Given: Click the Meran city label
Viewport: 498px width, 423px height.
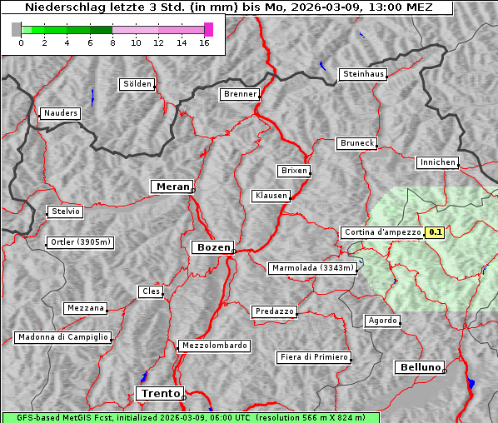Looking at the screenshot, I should pyautogui.click(x=171, y=187).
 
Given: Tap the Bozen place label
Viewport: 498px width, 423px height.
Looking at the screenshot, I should pyautogui.click(x=212, y=247).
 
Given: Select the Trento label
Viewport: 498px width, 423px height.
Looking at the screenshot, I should pyautogui.click(x=158, y=393).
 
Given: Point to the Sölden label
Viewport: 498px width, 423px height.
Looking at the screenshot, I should pyautogui.click(x=137, y=84).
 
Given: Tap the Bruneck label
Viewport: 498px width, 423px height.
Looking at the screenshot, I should pyautogui.click(x=357, y=143).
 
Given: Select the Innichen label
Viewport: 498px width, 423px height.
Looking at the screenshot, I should pyautogui.click(x=437, y=162).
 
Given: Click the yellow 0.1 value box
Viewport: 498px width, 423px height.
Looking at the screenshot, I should pyautogui.click(x=435, y=232).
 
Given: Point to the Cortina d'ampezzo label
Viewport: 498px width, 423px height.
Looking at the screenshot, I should pyautogui.click(x=381, y=232).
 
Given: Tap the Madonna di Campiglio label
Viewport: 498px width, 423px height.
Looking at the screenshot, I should pyautogui.click(x=62, y=337).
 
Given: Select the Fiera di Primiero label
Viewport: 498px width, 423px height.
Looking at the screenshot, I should pyautogui.click(x=313, y=357).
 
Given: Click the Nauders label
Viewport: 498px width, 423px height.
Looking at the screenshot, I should pyautogui.click(x=61, y=113).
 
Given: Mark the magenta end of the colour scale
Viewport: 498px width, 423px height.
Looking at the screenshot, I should pyautogui.click(x=208, y=29).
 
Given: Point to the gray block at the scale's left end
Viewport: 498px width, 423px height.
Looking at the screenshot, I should pyautogui.click(x=16, y=29).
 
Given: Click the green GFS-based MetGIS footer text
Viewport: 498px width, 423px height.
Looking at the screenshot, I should pyautogui.click(x=190, y=417).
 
